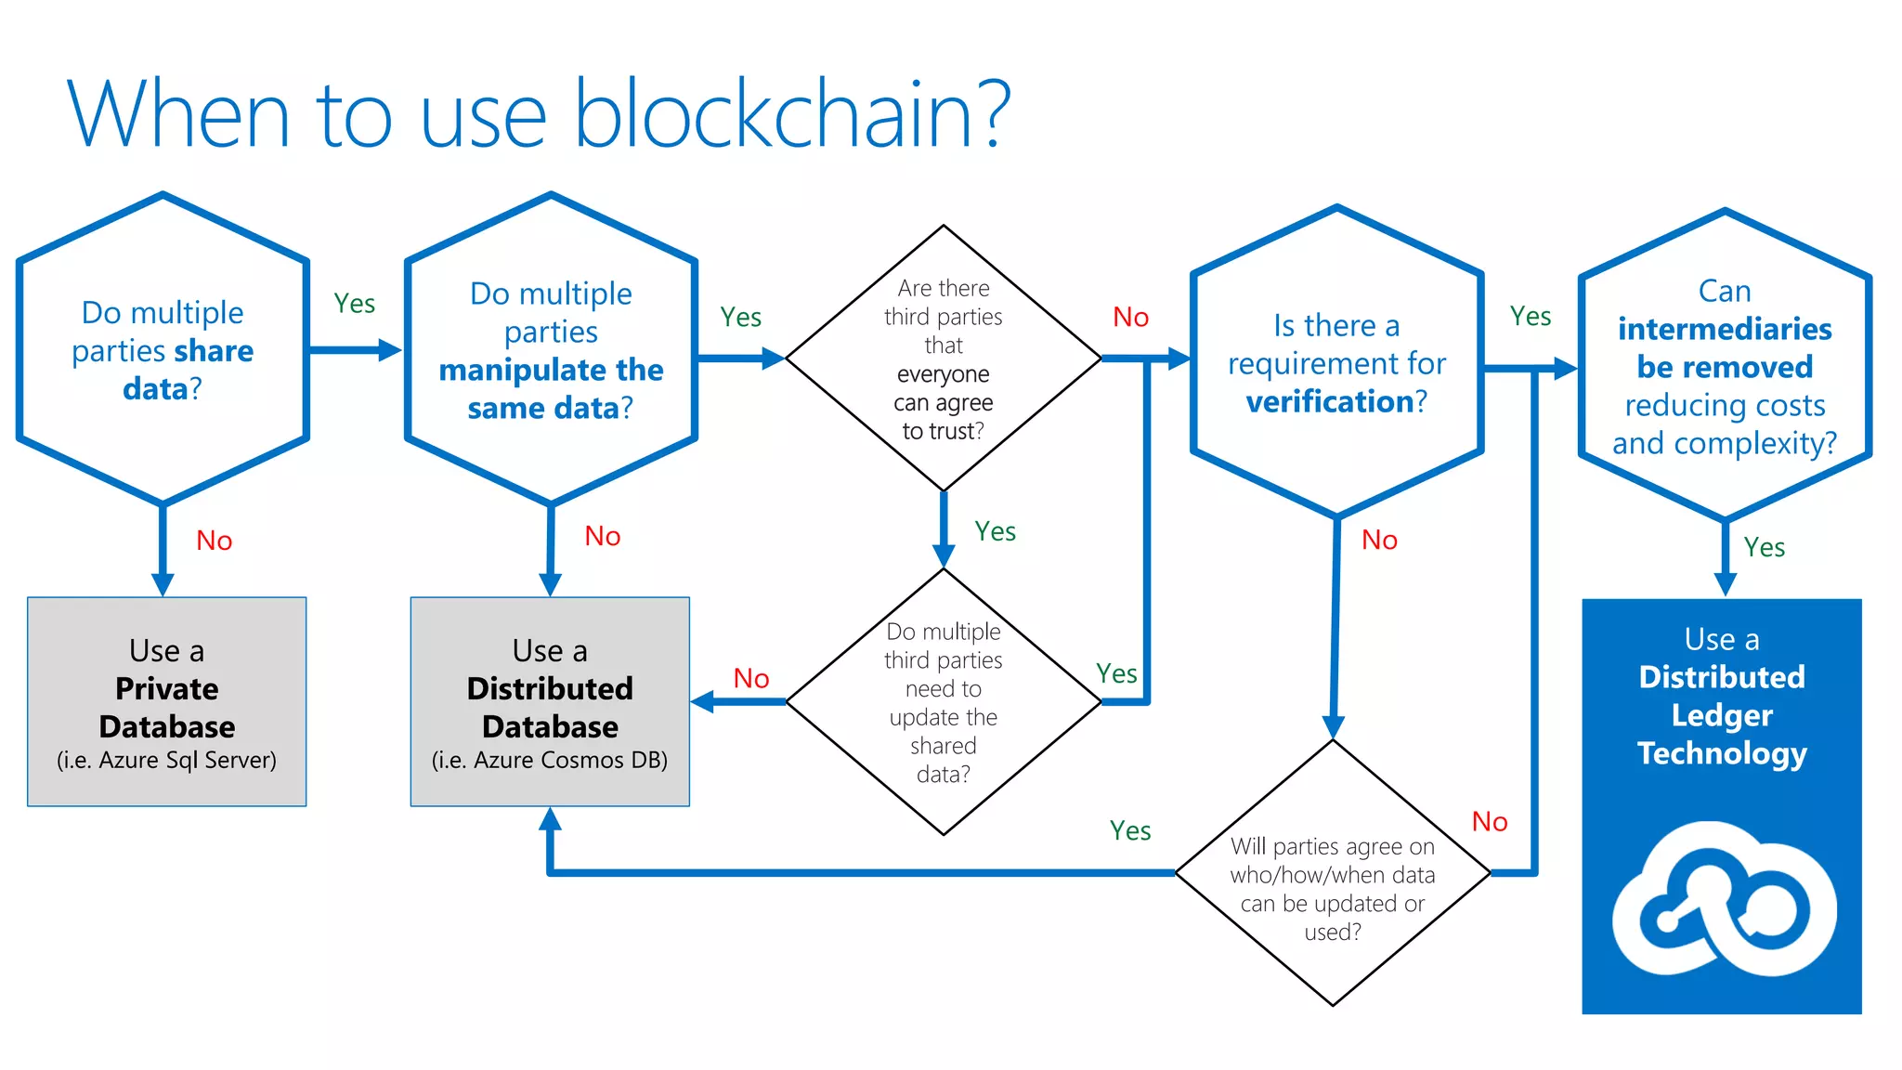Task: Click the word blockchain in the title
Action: (775, 115)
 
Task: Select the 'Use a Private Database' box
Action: (167, 701)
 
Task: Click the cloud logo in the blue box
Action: (1724, 899)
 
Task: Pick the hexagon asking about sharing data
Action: (163, 350)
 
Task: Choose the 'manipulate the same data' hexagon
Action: (551, 350)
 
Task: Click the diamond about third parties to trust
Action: (944, 359)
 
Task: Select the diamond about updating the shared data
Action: (944, 702)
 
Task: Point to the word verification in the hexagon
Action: (1329, 401)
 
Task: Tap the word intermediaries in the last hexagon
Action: (1725, 329)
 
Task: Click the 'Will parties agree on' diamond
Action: (1333, 887)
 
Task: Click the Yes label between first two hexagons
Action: (354, 304)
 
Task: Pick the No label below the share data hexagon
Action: (215, 541)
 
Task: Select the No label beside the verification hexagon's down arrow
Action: (1379, 540)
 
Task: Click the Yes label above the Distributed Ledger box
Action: (1764, 547)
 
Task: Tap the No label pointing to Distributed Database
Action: (750, 678)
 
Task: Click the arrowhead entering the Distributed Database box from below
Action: (551, 819)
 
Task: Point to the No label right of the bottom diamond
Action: (1490, 821)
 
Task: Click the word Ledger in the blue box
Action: (1722, 715)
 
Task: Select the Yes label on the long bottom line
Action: (1130, 830)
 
